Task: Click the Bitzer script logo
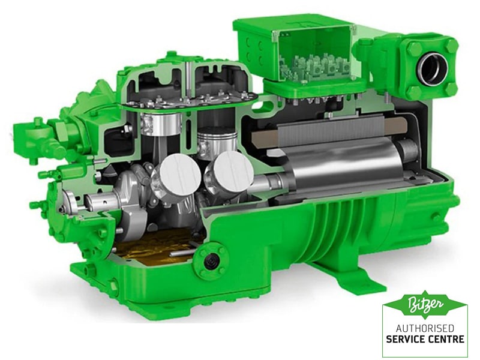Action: point(425,304)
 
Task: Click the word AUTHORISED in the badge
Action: point(425,328)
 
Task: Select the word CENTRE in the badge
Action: point(446,339)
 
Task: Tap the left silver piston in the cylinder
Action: point(160,123)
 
